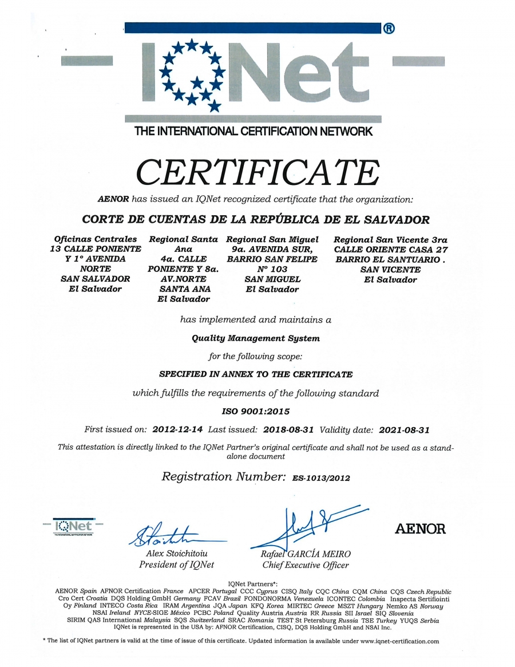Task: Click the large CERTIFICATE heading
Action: point(257,171)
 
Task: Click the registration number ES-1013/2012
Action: point(321,477)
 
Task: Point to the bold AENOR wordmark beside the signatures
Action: point(420,529)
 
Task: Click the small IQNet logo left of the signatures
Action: point(73,526)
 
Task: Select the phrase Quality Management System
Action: point(256,338)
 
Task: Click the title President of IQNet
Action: point(176,565)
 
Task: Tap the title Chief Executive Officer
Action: point(306,565)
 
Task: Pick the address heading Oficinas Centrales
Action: point(96,239)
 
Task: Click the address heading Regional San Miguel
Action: point(272,239)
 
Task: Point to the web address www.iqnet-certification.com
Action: point(399,641)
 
